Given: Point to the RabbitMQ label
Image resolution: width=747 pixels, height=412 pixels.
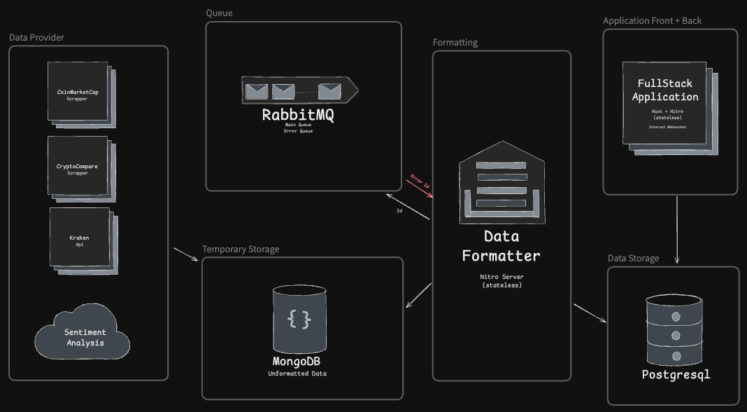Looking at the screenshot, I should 297,114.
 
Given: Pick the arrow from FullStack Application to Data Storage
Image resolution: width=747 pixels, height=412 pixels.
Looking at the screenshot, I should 676,230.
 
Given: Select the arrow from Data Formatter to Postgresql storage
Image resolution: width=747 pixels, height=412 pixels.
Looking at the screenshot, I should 590,313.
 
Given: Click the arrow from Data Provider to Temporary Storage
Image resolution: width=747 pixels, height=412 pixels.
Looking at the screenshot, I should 185,254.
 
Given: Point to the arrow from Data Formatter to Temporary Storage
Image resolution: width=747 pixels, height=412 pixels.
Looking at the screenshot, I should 418,295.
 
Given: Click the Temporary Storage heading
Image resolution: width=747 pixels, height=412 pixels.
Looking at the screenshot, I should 241,249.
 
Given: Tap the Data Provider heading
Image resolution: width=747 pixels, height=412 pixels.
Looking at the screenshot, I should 36,37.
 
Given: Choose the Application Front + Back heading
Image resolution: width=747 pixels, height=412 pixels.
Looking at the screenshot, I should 652,20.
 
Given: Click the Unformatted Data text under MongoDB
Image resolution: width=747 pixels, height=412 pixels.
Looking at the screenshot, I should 297,373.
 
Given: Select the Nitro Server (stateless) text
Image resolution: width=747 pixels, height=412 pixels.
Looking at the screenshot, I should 501,281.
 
